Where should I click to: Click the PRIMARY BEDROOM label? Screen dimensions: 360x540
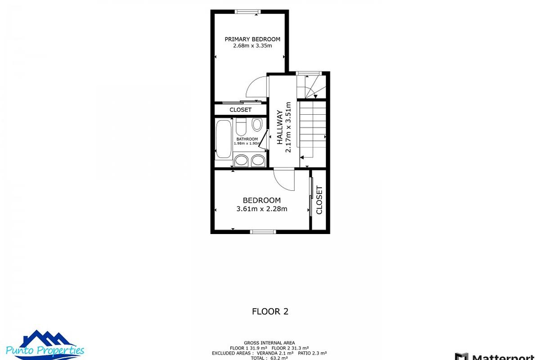(x=252, y=39)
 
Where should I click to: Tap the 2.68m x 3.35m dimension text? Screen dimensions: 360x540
(x=252, y=45)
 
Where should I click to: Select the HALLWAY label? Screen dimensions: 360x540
(x=279, y=127)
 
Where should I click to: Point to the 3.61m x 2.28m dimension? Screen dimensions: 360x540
(x=261, y=209)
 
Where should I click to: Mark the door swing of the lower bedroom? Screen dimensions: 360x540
(x=284, y=180)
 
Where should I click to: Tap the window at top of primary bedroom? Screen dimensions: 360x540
(x=248, y=12)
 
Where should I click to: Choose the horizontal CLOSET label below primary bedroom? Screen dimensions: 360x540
(x=240, y=110)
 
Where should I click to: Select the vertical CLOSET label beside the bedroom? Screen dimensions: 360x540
(x=319, y=200)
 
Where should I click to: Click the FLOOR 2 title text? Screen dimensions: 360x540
(x=270, y=311)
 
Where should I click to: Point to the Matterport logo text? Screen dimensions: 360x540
(x=499, y=356)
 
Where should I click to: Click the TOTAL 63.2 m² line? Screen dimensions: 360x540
(x=269, y=358)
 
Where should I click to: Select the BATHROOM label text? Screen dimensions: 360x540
(x=247, y=139)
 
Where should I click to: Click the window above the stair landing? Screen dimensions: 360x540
(x=308, y=73)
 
